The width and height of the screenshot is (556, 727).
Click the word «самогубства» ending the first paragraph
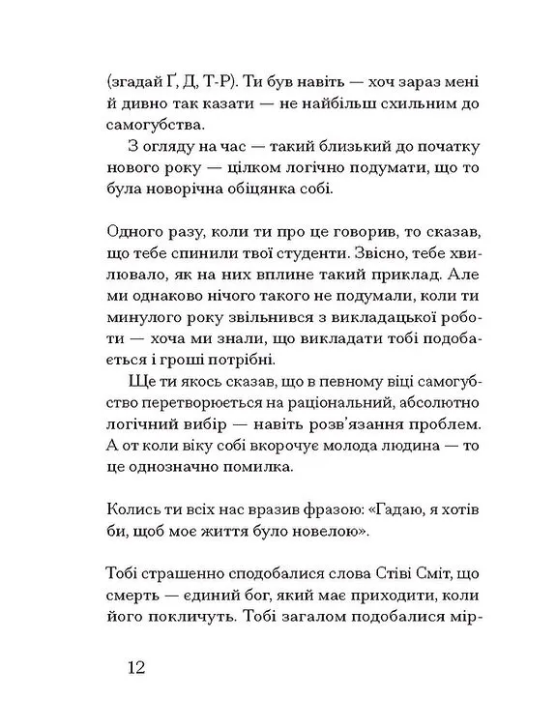[x=156, y=123]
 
